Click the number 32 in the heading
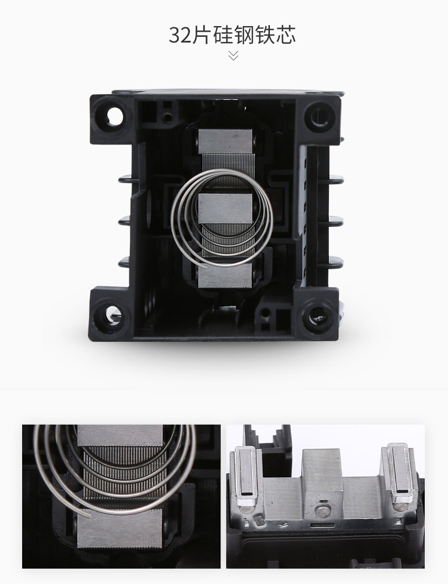(180, 35)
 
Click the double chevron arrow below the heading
(233, 56)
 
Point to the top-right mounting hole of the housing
(320, 116)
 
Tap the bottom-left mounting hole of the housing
(112, 315)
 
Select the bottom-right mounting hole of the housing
(318, 315)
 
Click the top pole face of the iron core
(225, 141)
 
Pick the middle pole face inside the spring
(225, 209)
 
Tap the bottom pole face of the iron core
(225, 275)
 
